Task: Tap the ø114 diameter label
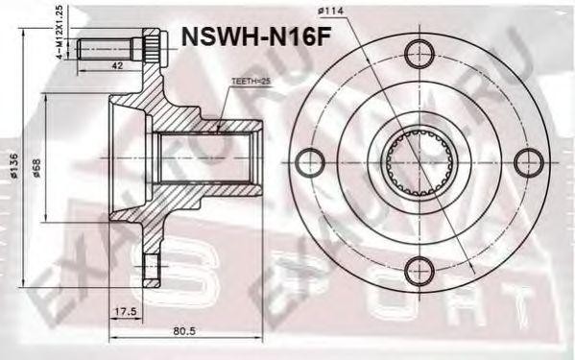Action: click(332, 12)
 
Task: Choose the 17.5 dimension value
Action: click(122, 312)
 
